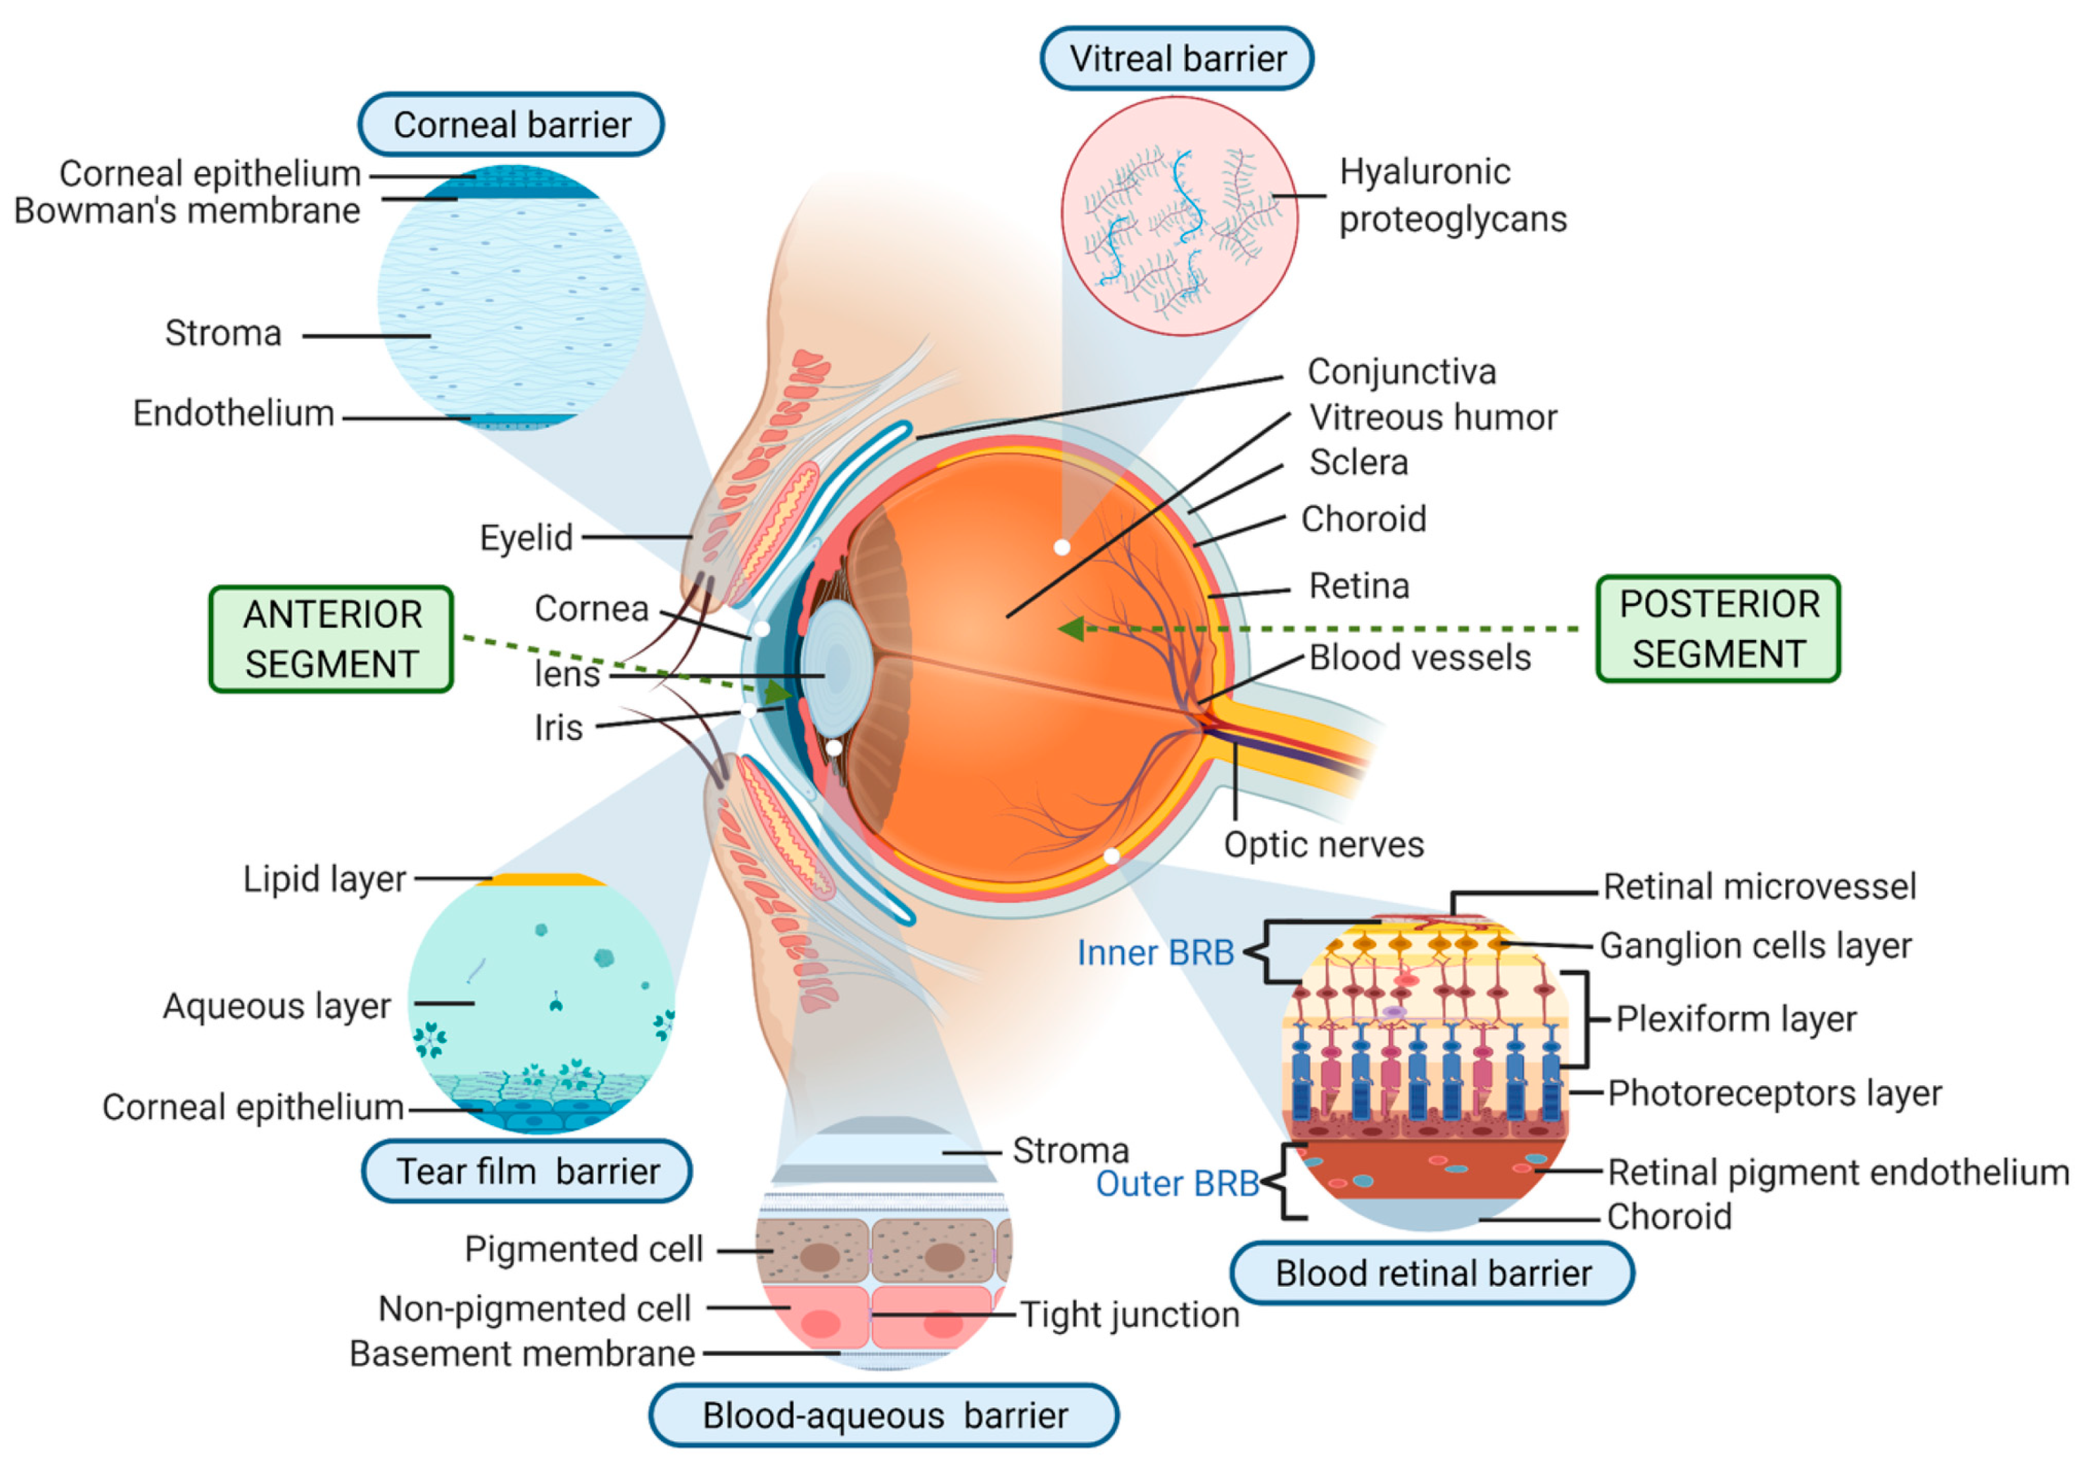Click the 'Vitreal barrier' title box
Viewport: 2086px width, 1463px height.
coord(1177,58)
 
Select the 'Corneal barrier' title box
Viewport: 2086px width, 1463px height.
coord(512,124)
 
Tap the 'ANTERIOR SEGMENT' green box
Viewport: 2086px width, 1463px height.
coord(332,639)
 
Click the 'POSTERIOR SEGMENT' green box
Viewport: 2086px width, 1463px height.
coord(1718,629)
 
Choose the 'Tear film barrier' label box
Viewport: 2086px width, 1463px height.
coord(527,1171)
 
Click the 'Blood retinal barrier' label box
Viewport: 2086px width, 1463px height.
coord(1433,1272)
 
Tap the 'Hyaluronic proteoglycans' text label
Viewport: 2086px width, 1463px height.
coord(1452,195)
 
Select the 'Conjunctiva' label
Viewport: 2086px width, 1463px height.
coord(1401,371)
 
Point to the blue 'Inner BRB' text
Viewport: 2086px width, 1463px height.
coord(1155,952)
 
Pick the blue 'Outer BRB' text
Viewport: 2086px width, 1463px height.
coord(1177,1183)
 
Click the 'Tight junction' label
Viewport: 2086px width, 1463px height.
coord(1129,1314)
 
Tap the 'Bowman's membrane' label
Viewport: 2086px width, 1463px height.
coord(187,211)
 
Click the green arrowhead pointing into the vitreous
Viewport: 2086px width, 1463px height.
coord(1072,628)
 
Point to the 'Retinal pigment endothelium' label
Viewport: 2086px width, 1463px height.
coord(1837,1173)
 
